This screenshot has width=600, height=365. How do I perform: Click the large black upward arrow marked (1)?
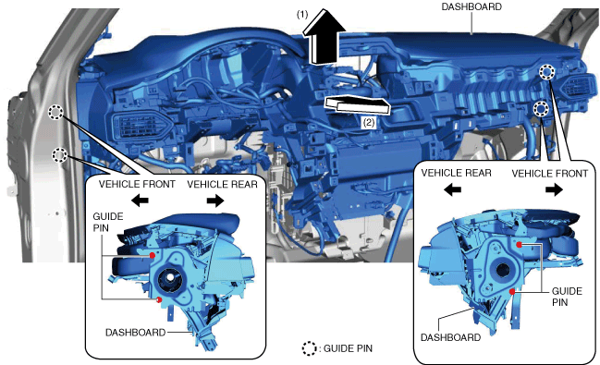tap(324, 37)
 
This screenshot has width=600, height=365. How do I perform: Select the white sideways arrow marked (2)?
tap(358, 105)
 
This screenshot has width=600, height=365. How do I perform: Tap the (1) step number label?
tap(302, 15)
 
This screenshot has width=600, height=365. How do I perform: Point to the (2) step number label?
tap(369, 122)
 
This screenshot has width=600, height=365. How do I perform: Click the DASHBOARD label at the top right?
tap(471, 6)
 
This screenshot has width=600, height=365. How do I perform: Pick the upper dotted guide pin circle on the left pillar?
tap(55, 112)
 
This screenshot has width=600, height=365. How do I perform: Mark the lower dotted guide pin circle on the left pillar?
tap(60, 155)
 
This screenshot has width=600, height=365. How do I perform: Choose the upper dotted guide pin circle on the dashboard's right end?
tap(547, 72)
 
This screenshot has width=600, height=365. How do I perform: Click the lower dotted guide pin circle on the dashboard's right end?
tap(541, 109)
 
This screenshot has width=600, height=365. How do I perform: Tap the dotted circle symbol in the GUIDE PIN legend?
tap(309, 348)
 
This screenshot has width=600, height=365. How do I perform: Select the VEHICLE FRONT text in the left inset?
tap(137, 184)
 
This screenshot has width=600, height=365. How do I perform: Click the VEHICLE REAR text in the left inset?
tap(222, 185)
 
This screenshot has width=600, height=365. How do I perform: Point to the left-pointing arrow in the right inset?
tap(453, 189)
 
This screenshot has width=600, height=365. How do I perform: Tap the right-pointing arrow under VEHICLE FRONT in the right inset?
tap(554, 189)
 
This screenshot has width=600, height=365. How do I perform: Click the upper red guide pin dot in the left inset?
tap(153, 255)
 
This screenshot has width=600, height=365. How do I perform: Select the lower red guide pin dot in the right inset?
tap(512, 292)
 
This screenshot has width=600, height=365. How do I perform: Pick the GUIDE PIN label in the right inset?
tap(567, 297)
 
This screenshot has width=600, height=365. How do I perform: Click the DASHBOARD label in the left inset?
tap(136, 333)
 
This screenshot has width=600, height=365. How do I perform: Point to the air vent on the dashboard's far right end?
tap(578, 87)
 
